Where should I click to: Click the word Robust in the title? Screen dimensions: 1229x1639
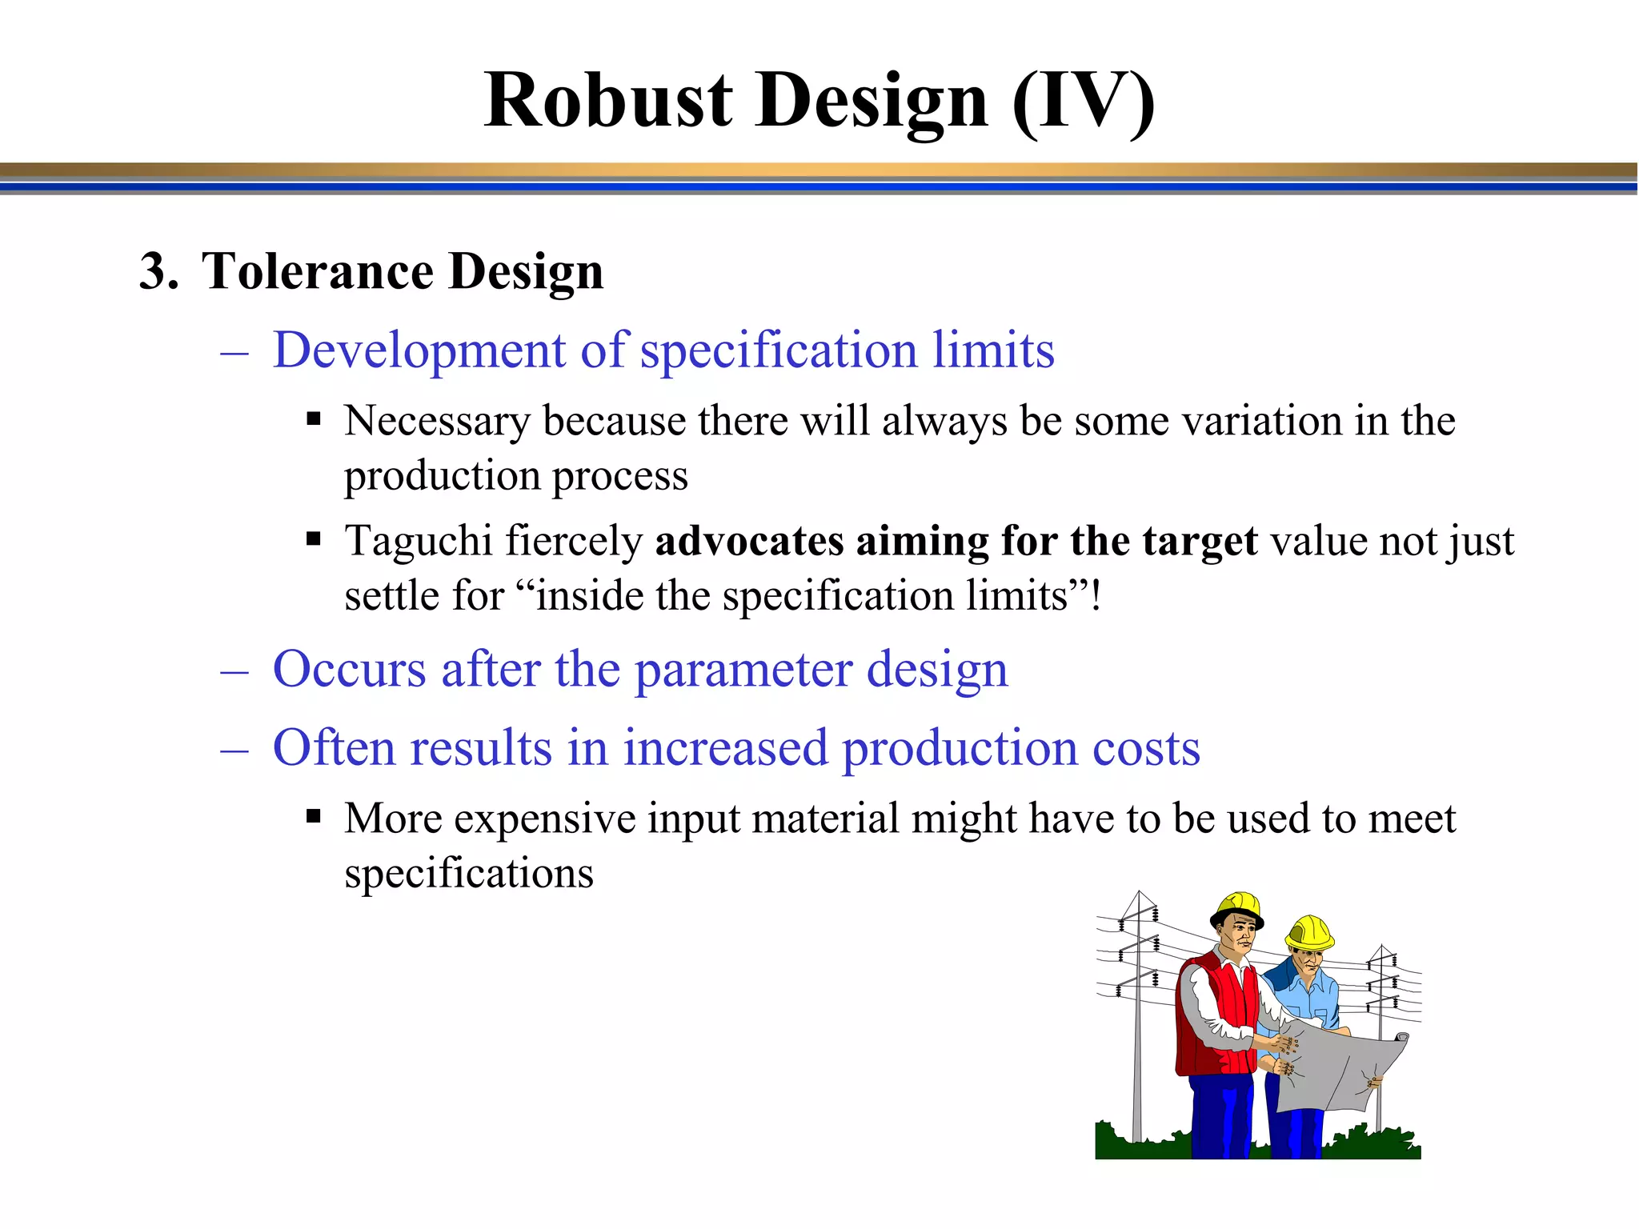pyautogui.click(x=608, y=101)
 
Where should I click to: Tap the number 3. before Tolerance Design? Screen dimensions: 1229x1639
pyautogui.click(x=158, y=271)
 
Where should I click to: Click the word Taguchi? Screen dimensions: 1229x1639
pyautogui.click(x=418, y=541)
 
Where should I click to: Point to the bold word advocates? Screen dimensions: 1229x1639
pyautogui.click(x=748, y=541)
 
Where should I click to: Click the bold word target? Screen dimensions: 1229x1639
pyautogui.click(x=1200, y=542)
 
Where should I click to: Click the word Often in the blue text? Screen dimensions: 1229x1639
pyautogui.click(x=334, y=748)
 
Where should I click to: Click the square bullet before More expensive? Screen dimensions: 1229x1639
pyautogui.click(x=314, y=817)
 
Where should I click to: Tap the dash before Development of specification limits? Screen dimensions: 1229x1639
pyautogui.click(x=234, y=352)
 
